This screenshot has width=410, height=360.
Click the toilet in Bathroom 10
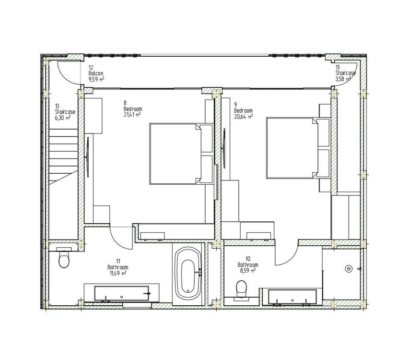(241, 289)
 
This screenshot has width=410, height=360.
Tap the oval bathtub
(188, 274)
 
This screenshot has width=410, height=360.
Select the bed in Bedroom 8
(181, 154)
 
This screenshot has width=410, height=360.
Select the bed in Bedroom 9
(298, 148)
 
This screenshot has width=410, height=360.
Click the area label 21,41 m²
(132, 114)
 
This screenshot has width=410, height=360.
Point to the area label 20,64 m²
(244, 117)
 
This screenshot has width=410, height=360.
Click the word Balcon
(96, 73)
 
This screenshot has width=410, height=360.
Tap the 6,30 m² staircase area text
(63, 118)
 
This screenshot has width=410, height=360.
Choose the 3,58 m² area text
(343, 79)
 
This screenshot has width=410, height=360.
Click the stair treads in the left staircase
(64, 156)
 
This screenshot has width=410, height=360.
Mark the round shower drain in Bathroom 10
(348, 269)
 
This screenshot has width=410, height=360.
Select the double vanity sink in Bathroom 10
(293, 297)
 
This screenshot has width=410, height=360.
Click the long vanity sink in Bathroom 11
(122, 293)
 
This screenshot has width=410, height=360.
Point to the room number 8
(125, 103)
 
